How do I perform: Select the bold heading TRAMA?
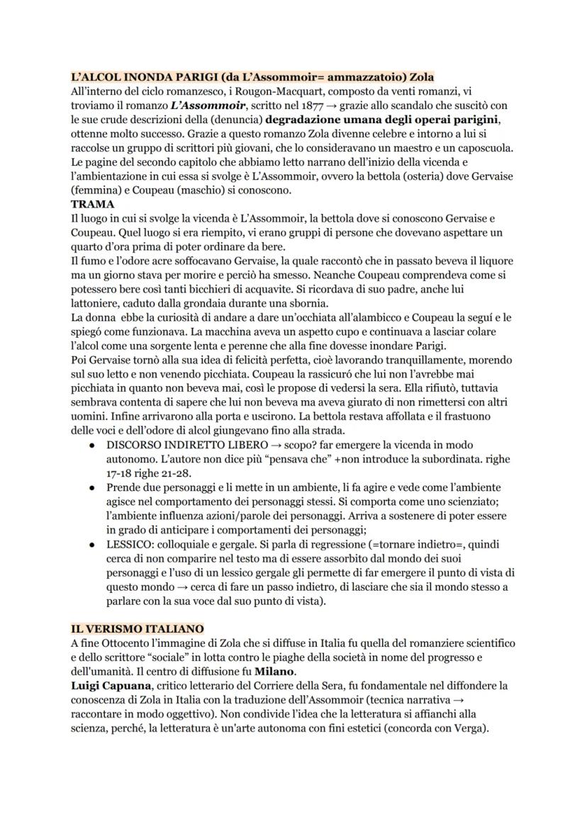point(93,203)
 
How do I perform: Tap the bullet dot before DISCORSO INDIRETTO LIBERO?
point(93,445)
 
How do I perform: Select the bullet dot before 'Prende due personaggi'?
point(93,487)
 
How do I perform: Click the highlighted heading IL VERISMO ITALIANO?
point(137,628)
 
